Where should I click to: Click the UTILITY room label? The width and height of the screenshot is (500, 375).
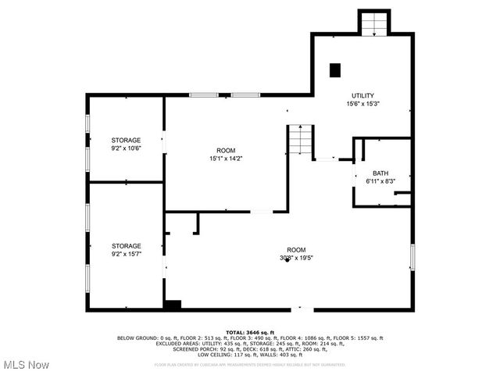[x=362, y=95]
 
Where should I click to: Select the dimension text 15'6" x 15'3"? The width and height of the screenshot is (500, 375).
[x=362, y=103]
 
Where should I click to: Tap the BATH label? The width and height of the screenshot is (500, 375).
[x=380, y=173]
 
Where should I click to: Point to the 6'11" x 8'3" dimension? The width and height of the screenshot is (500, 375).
[x=380, y=181]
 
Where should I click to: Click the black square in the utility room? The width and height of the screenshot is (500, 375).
[x=335, y=70]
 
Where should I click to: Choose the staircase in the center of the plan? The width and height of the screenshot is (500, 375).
[x=301, y=140]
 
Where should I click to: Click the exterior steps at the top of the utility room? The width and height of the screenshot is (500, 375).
[x=373, y=23]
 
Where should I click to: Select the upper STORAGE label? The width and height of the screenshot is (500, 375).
[x=126, y=140]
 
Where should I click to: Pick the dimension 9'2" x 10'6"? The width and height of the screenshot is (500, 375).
[x=126, y=148]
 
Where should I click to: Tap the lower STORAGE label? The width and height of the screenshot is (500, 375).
[x=126, y=246]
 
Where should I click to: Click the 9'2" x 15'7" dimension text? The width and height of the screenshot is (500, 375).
[x=126, y=254]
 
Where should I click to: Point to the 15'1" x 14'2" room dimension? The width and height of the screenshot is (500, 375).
[x=226, y=159]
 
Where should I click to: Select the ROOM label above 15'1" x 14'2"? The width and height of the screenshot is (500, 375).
[x=226, y=150]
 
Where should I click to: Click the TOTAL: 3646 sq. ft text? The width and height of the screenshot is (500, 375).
[x=249, y=332]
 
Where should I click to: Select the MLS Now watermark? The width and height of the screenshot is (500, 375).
[x=27, y=365]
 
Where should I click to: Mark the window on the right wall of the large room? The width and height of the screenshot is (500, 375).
[x=412, y=257]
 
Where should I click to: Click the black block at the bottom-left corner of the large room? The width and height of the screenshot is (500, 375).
[x=173, y=305]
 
